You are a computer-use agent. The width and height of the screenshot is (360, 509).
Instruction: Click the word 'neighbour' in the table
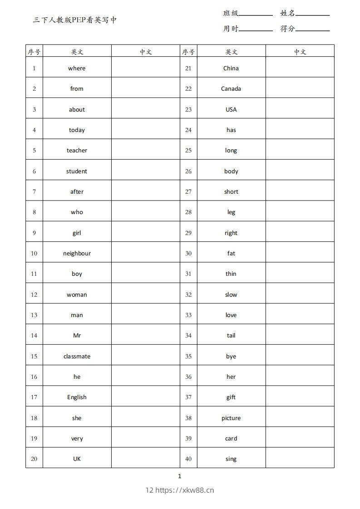point(77,253)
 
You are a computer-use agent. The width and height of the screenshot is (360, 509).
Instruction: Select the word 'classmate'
point(77,356)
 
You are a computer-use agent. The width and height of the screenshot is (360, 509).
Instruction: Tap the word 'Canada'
point(231,88)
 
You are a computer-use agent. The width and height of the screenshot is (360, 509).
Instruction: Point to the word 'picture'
point(231,418)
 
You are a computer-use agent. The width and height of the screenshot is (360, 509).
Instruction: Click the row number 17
point(34,397)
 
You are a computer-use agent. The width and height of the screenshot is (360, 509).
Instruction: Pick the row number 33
point(188,315)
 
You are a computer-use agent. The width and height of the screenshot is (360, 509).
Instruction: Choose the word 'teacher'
point(77,150)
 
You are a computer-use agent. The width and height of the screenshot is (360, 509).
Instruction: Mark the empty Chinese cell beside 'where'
point(145,68)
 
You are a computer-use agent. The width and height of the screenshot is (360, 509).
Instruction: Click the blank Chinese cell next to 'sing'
point(300,459)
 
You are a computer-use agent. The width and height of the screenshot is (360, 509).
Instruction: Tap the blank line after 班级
point(256,14)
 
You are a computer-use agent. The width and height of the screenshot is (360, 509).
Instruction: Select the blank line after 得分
point(312,29)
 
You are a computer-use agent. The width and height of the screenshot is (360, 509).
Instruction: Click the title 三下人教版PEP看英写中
point(75,20)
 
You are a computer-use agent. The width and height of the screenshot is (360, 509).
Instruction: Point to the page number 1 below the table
point(180,476)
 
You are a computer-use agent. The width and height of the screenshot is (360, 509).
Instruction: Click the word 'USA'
point(231,109)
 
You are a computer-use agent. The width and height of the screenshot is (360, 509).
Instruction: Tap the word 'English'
point(77,397)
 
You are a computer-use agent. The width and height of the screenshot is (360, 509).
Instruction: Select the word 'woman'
point(77,294)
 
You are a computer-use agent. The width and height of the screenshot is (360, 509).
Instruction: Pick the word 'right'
point(231,233)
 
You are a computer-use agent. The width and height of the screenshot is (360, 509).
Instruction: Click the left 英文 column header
point(77,52)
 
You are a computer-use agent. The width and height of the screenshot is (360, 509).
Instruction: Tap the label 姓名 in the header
point(287,13)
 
